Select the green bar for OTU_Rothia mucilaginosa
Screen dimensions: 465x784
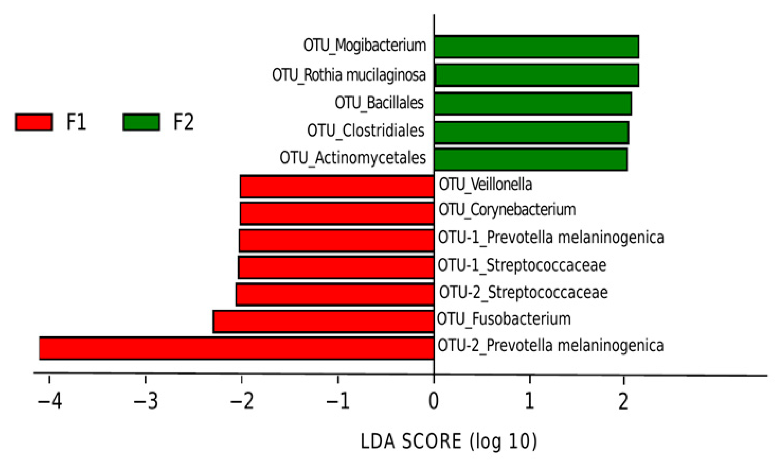[x=537, y=75]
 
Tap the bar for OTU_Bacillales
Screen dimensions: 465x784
[x=532, y=103]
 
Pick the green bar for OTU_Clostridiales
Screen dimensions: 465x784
[x=531, y=133]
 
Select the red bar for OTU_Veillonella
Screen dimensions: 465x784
[x=337, y=187]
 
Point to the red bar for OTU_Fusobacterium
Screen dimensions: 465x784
[x=323, y=322]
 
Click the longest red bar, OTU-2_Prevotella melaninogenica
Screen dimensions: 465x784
[x=236, y=348]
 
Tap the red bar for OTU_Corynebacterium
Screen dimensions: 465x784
[x=337, y=213]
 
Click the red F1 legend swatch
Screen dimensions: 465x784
[x=34, y=122]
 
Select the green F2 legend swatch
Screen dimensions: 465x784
[x=141, y=122]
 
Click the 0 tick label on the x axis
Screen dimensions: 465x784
[x=433, y=401]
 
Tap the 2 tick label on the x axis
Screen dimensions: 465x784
[x=623, y=401]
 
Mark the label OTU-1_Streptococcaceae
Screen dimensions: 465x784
[x=522, y=265]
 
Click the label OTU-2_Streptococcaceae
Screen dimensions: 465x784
[x=523, y=292]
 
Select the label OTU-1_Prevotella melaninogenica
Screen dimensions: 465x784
[x=551, y=237]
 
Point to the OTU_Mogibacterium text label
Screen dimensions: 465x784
[x=365, y=45]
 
